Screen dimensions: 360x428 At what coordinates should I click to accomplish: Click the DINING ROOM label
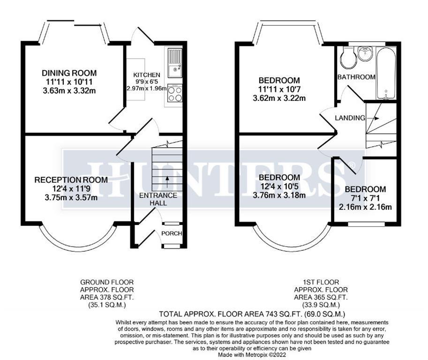pyautogui.click(x=69, y=73)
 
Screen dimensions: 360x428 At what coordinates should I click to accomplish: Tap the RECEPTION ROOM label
pyautogui.click(x=71, y=180)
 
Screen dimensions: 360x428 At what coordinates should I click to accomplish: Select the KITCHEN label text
pyautogui.click(x=147, y=75)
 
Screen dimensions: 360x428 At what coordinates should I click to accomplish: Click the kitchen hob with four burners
pyautogui.click(x=175, y=93)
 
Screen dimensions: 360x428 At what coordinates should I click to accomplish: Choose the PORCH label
pyautogui.click(x=172, y=233)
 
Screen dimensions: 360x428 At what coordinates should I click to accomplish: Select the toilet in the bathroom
pyautogui.click(x=348, y=58)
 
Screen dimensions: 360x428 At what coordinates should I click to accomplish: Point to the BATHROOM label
pyautogui.click(x=357, y=77)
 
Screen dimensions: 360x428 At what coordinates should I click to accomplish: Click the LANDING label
pyautogui.click(x=349, y=118)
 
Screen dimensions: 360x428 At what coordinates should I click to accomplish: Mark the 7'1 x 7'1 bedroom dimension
pyautogui.click(x=365, y=198)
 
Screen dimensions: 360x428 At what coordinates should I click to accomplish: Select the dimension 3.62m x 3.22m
pyautogui.click(x=279, y=98)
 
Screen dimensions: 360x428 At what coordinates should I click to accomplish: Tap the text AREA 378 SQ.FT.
pyautogui.click(x=107, y=297)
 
